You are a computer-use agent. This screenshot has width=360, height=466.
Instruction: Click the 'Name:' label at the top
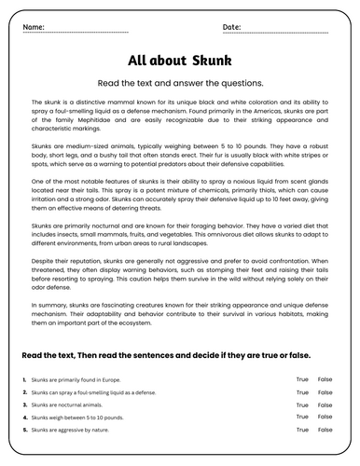tap(33, 27)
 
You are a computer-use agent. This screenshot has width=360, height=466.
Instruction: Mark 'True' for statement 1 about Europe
tap(302, 379)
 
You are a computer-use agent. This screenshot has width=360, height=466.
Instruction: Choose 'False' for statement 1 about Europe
tap(325, 379)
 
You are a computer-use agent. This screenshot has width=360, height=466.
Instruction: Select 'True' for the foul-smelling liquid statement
tap(302, 392)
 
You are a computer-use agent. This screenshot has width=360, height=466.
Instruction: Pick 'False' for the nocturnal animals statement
tap(325, 405)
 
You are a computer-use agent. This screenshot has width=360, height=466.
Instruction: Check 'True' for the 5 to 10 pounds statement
tap(302, 418)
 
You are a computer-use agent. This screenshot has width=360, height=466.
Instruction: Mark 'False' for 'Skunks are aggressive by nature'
tap(325, 432)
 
